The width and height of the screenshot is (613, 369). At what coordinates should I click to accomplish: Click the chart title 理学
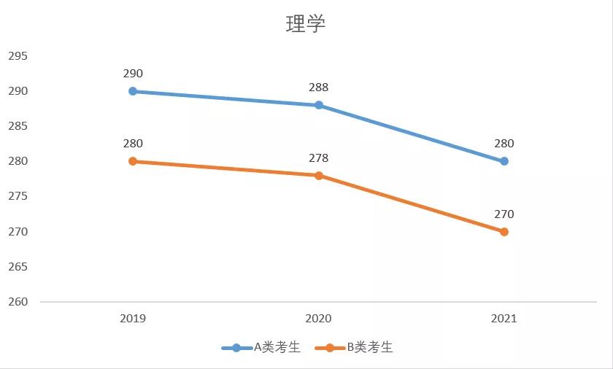305,24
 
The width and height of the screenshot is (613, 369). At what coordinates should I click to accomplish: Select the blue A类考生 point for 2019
133,91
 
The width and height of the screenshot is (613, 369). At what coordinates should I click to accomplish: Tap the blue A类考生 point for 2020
319,105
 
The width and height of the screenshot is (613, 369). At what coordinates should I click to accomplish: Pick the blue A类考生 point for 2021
504,161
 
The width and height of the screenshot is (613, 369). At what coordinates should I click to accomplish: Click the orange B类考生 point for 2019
133,161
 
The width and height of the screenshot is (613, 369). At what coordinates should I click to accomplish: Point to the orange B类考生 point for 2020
319,175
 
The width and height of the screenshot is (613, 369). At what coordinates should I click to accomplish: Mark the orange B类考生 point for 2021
504,232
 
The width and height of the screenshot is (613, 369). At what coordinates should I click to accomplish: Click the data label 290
133,74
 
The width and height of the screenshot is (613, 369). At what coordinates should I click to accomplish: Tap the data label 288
319,88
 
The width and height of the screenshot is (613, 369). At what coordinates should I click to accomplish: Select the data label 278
319,158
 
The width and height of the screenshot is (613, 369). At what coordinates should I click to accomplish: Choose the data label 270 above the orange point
504,214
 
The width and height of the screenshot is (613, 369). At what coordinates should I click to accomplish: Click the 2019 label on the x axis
133,319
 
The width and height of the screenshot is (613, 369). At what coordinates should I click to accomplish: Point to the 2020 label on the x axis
319,319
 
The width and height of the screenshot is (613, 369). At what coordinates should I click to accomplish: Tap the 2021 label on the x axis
504,319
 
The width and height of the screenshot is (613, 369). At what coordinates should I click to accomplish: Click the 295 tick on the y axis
18,56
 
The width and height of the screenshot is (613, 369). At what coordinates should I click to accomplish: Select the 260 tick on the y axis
18,302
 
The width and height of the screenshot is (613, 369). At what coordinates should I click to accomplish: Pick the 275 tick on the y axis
18,197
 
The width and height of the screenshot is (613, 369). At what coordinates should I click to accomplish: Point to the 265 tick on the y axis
18,267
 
